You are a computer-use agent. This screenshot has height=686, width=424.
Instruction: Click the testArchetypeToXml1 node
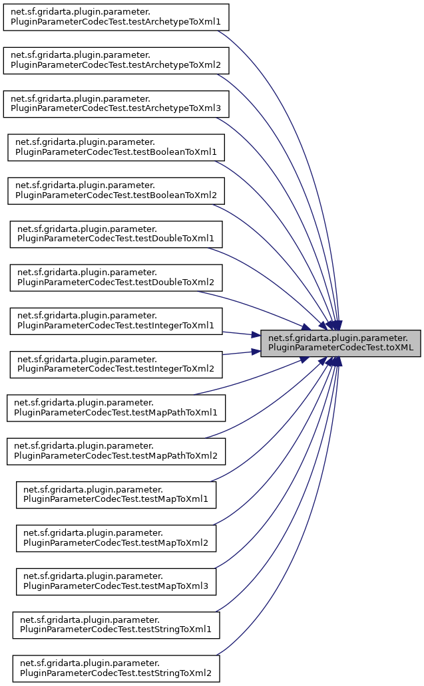point(116,17)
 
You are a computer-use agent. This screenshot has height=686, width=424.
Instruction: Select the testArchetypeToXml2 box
point(116,60)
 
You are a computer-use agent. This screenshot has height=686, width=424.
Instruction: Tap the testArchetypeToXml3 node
point(116,103)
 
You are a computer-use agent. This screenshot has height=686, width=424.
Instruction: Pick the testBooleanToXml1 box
point(116,147)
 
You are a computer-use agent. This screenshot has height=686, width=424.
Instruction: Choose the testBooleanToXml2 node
point(116,190)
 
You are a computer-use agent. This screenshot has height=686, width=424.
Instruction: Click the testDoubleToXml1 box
point(116,233)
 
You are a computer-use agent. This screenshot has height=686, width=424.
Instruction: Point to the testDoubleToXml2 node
point(116,277)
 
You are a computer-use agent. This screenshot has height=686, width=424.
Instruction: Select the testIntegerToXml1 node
point(116,320)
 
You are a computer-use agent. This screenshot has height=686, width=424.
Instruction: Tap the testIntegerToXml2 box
point(116,364)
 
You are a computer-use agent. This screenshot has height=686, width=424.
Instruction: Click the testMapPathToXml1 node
point(116,407)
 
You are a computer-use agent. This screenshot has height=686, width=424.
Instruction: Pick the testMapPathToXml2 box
point(116,451)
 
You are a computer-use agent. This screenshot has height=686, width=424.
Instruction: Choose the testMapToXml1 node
point(116,494)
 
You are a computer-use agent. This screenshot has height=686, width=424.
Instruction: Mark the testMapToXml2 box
point(116,538)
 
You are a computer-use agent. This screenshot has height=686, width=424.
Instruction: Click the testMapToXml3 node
point(116,581)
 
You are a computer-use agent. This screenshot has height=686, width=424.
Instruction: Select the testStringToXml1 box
point(116,624)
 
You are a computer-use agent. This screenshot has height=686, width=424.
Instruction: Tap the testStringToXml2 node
point(116,668)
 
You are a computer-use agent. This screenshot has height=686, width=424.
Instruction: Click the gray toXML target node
point(340,342)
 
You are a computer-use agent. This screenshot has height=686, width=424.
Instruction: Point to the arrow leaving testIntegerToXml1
point(240,334)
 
